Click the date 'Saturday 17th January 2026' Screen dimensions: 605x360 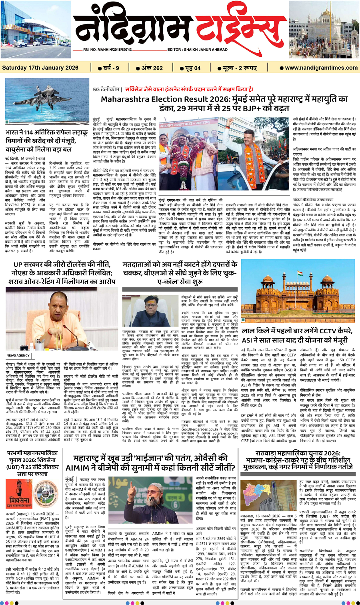(40, 68)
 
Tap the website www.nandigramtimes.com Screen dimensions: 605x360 (321, 68)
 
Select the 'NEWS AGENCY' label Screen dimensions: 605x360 (18, 355)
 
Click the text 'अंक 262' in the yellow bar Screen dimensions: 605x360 (150, 68)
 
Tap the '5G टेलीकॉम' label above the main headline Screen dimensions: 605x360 (106, 89)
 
